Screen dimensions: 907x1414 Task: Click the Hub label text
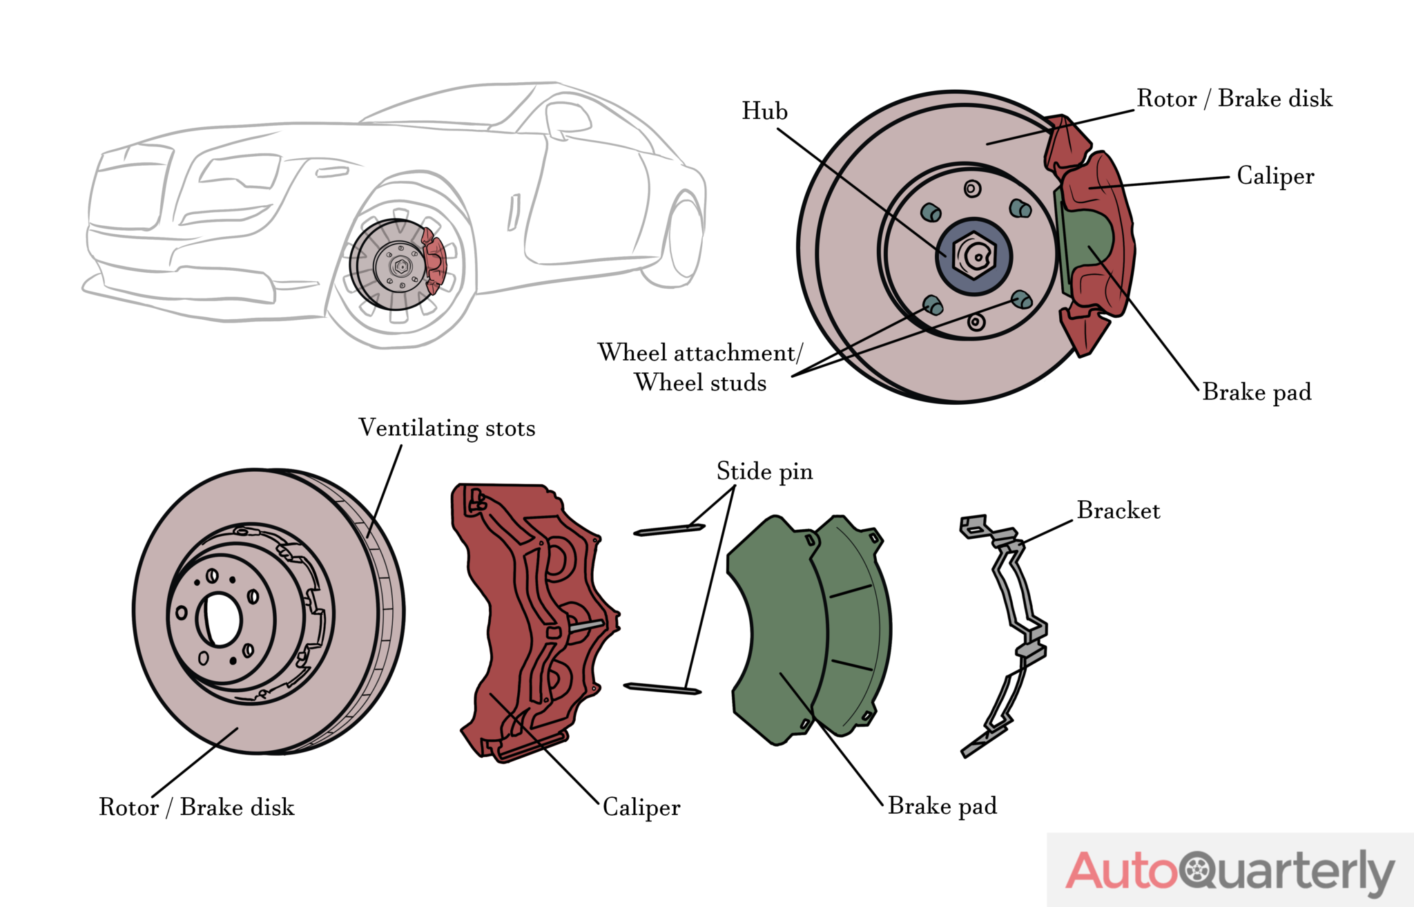[x=764, y=111]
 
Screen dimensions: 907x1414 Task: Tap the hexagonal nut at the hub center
[x=974, y=256]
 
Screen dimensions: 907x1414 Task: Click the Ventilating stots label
[x=447, y=428]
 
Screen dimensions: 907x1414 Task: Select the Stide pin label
[x=764, y=472]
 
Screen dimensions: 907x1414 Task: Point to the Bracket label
[x=1118, y=510]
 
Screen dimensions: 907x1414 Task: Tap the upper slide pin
[x=668, y=530]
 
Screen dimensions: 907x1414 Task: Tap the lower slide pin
[x=661, y=688]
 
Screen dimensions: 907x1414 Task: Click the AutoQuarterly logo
[x=1230, y=870]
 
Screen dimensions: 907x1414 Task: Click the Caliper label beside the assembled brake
[x=1275, y=176]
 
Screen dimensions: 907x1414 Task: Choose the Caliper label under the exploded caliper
[x=641, y=807]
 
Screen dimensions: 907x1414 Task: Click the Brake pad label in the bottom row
[x=942, y=806]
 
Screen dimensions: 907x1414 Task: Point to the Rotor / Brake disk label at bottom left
[x=197, y=807]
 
